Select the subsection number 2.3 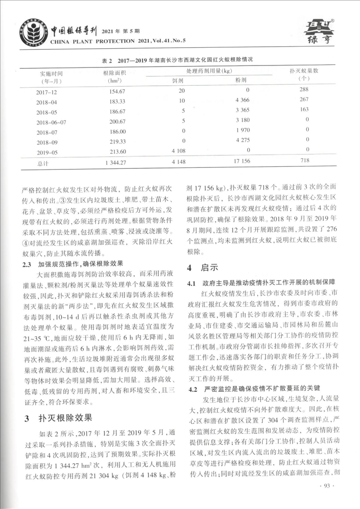pos(29,264)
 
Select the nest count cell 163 pos(303,109)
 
